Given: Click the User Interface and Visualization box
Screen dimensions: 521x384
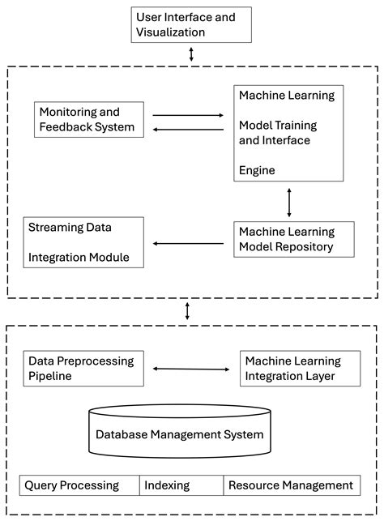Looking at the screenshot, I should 190,24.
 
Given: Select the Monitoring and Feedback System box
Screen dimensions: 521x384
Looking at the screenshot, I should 89,118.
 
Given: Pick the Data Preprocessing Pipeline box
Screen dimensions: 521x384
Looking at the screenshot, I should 83,368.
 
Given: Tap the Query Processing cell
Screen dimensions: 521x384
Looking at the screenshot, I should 79,485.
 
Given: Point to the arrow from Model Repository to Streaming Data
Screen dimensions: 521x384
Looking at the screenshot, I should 189,242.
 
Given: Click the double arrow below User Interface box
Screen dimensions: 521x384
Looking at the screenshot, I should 191,54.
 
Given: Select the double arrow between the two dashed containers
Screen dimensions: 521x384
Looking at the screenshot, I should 188,310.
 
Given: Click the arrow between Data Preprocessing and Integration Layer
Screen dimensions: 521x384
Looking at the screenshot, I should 191,369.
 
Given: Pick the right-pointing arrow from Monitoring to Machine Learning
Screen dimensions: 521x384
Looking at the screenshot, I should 187,115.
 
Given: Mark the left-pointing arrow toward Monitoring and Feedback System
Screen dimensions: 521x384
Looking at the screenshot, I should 187,128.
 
